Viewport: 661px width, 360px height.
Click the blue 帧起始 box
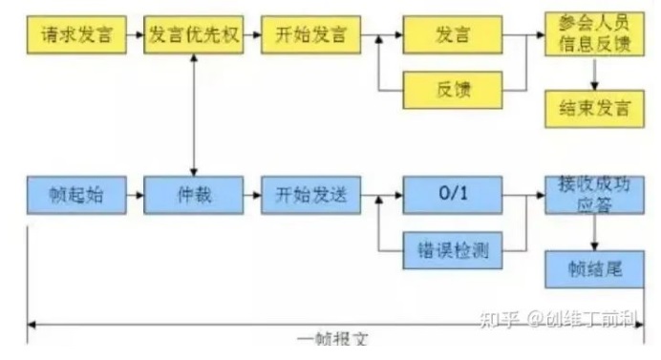pos(77,197)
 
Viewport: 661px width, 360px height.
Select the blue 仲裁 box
pos(195,197)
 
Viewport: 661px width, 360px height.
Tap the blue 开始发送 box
pos(311,197)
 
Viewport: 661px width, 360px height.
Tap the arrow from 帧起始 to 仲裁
pos(136,197)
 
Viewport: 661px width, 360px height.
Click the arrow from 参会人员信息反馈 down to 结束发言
pos(594,74)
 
